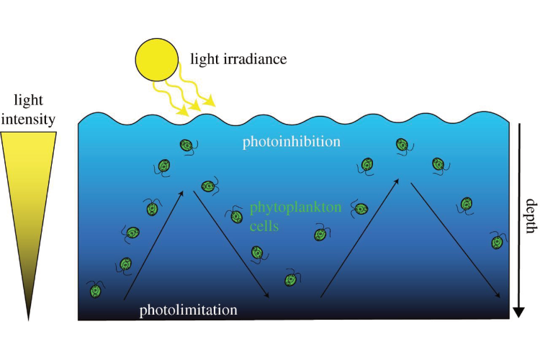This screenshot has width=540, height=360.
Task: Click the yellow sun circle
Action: [x=156, y=58]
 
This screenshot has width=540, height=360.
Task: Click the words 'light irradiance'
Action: [x=238, y=59]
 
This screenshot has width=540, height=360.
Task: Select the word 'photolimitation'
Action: [x=188, y=310]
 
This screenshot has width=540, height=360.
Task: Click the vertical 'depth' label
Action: [x=529, y=216]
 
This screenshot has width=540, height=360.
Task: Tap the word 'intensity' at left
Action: [x=29, y=119]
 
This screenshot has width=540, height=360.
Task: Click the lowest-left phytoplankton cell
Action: [x=95, y=292]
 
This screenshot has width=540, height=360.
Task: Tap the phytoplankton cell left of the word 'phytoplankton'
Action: [x=235, y=215]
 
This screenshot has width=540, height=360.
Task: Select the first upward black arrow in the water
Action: [x=156, y=245]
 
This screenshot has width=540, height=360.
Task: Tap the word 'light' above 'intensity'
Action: [x=29, y=102]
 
